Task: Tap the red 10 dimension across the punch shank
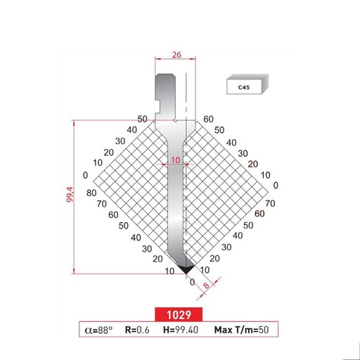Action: tap(175, 160)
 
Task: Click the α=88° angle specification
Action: tap(98, 329)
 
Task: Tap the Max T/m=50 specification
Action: tap(239, 329)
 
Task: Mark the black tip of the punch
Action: tap(185, 269)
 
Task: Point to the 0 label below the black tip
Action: tap(192, 281)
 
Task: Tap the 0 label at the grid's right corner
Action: tap(276, 185)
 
